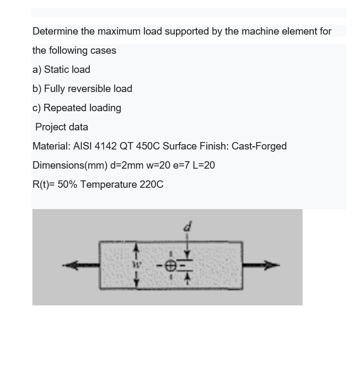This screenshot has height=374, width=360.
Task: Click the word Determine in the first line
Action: click(x=56, y=31)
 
